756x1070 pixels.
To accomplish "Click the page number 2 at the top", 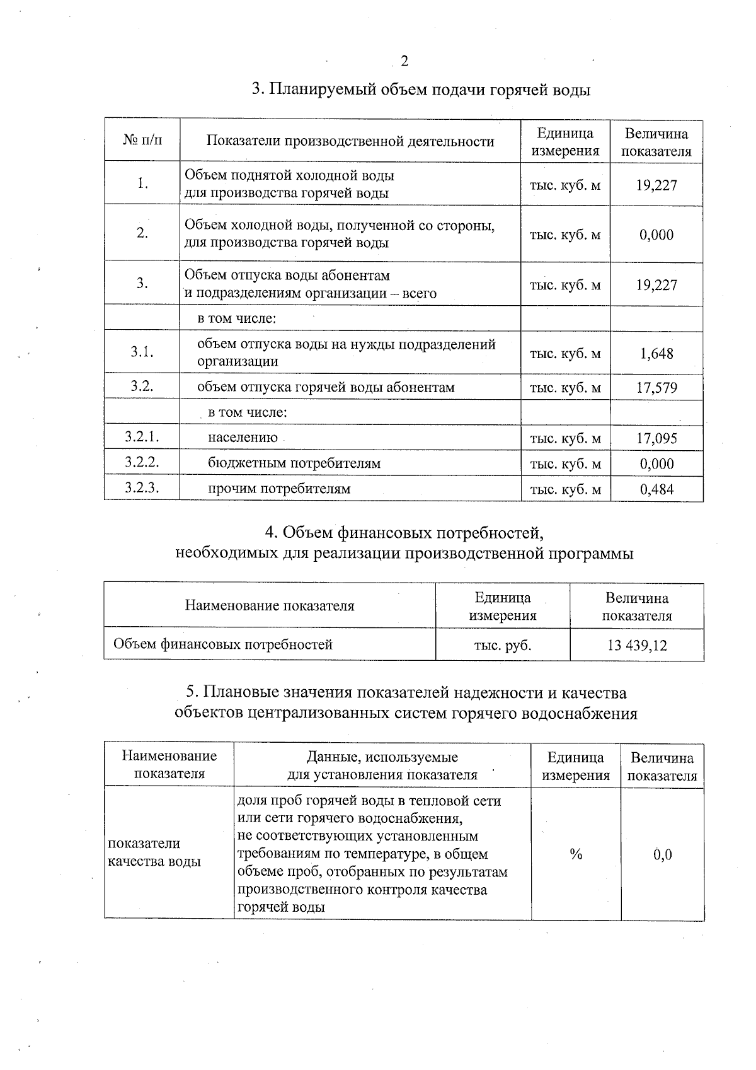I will tap(404, 61).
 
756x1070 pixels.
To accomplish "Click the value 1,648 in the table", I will tap(656, 354).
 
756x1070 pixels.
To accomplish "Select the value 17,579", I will tap(656, 388).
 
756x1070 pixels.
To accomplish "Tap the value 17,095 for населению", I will tap(656, 438).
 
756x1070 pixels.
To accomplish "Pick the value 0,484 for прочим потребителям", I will tap(656, 489).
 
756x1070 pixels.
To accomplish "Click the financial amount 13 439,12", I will tap(637, 645).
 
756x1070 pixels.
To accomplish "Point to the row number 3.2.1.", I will tap(142, 437).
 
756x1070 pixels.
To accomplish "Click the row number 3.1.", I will tap(142, 352).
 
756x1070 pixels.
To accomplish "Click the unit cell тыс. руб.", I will tap(502, 645).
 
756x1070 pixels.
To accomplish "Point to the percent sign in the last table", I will tap(575, 854).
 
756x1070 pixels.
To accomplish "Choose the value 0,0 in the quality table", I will tap(662, 855).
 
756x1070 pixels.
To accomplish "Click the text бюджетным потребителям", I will tap(294, 463).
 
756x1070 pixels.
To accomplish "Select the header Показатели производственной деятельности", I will tap(350, 142).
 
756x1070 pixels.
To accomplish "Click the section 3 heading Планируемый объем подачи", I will tap(421, 90).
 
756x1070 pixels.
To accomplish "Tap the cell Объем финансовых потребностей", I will tap(223, 644).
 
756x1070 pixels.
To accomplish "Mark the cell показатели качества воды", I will tap(154, 852).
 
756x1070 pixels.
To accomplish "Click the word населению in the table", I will tap(243, 438).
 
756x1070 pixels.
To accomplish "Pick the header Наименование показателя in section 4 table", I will tap(270, 606).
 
